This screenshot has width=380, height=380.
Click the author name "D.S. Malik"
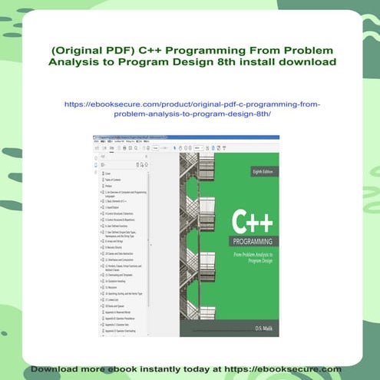pyautogui.click(x=263, y=327)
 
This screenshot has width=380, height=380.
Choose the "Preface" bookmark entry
pyautogui.click(x=107, y=185)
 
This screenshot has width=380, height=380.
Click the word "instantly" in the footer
pyautogui.click(x=165, y=369)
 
